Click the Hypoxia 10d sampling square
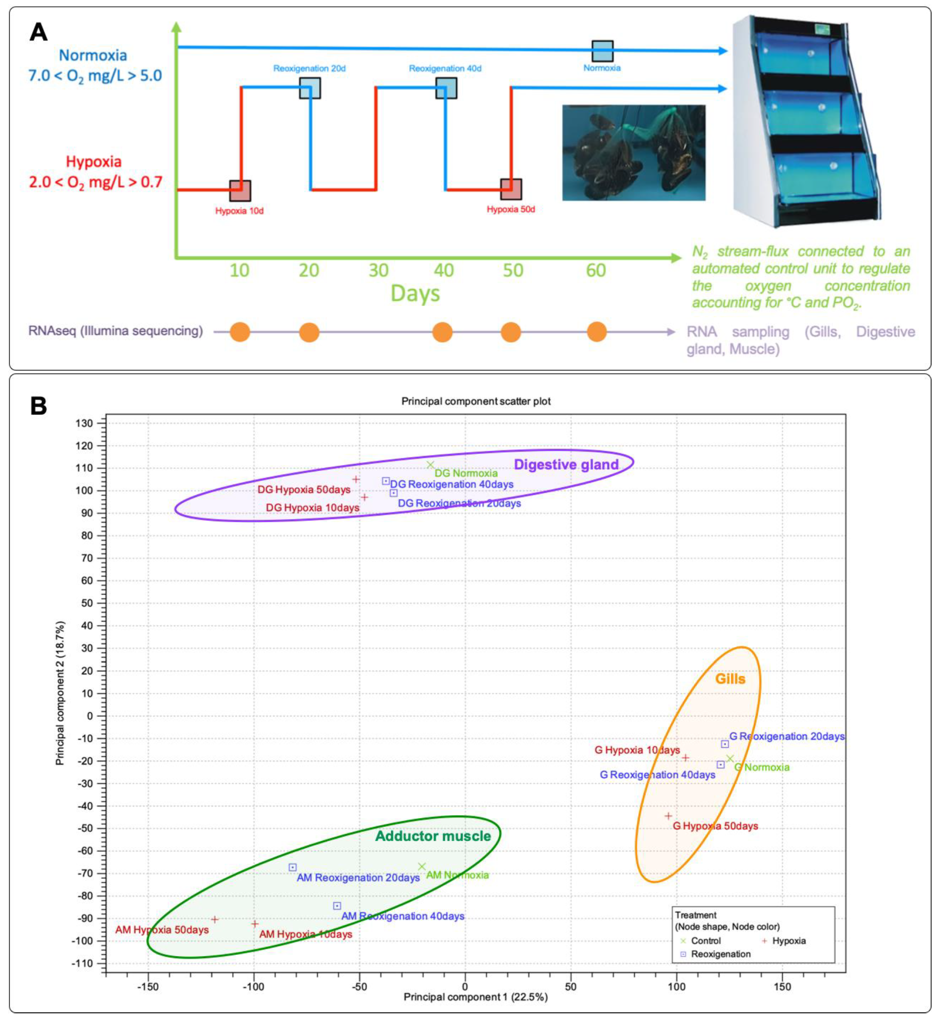click(240, 191)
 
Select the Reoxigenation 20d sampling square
click(309, 88)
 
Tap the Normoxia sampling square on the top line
click(602, 51)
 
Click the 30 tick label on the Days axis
click(378, 270)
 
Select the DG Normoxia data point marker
click(430, 465)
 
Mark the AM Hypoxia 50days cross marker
click(215, 919)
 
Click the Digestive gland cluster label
click(566, 465)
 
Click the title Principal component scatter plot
click(476, 401)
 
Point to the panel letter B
click(39, 406)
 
